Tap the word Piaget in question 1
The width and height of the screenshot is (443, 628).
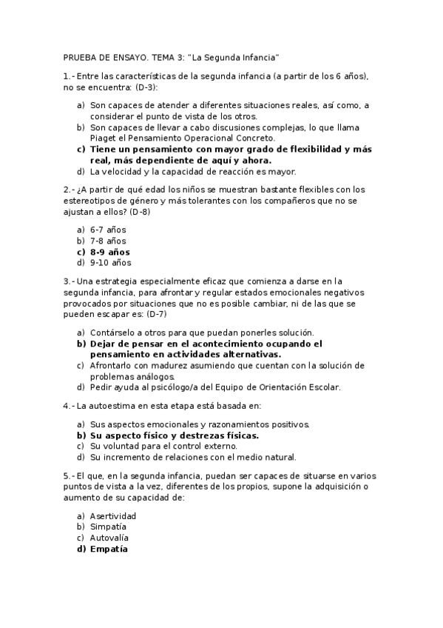[104, 138]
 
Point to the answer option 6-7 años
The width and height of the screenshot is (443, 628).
[108, 230]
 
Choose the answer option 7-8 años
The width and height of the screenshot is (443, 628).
[108, 241]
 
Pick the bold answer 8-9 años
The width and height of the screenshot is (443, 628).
[109, 252]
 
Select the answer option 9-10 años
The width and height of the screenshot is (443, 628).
[111, 262]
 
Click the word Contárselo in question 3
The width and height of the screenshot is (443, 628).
[112, 333]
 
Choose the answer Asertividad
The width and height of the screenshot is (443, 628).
[113, 516]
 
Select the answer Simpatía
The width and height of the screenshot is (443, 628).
[108, 527]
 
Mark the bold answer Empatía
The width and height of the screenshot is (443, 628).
[109, 549]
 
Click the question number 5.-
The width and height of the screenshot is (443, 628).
[69, 475]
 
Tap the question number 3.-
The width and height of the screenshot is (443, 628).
[69, 281]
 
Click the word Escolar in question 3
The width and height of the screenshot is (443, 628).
[324, 387]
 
